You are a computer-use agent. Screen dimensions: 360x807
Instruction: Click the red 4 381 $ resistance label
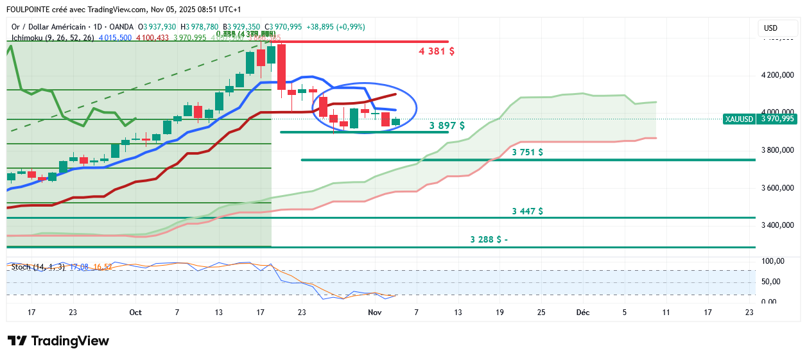pyautogui.click(x=437, y=51)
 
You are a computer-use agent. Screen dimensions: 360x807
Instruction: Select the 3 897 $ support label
pyautogui.click(x=447, y=126)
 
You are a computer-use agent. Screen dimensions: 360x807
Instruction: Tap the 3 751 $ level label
pyautogui.click(x=528, y=153)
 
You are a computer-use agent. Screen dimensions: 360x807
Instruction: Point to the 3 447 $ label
pyautogui.click(x=528, y=211)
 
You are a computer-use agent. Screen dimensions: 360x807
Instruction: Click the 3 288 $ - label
pyautogui.click(x=489, y=239)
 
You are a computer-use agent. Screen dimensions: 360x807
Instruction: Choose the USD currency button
pyautogui.click(x=770, y=28)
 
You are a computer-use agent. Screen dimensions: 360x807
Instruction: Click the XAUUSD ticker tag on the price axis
pyautogui.click(x=739, y=119)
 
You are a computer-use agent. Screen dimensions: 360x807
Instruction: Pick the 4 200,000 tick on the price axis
pyautogui.click(x=778, y=75)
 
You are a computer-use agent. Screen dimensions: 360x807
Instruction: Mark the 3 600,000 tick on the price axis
pyautogui.click(x=778, y=188)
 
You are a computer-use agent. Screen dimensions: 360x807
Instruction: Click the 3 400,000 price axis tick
pyautogui.click(x=778, y=225)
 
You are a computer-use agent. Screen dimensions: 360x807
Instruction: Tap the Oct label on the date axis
pyautogui.click(x=135, y=313)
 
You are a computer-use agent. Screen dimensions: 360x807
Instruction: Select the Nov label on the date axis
pyautogui.click(x=374, y=313)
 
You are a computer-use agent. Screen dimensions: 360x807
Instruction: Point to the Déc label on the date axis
pyautogui.click(x=583, y=313)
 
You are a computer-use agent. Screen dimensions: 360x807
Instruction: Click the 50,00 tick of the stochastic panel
pyautogui.click(x=772, y=282)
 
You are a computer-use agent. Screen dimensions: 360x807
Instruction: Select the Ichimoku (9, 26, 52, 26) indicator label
pyautogui.click(x=54, y=38)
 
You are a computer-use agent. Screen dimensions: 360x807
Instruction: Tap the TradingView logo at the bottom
pyautogui.click(x=58, y=341)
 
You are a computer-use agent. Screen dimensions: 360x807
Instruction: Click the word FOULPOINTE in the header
pyautogui.click(x=30, y=10)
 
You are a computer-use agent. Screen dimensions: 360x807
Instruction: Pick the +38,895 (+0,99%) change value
pyautogui.click(x=336, y=27)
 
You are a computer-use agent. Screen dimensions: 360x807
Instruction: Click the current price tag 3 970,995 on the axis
pyautogui.click(x=777, y=119)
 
